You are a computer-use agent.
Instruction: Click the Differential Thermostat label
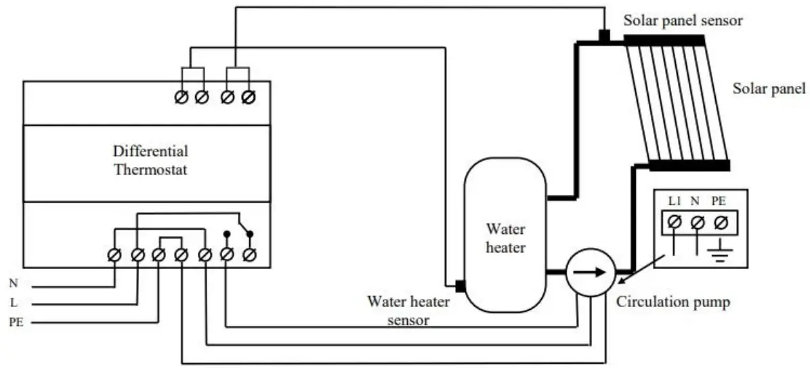click(150, 160)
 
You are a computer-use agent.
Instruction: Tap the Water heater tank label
click(505, 239)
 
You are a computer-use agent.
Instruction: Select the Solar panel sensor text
click(683, 20)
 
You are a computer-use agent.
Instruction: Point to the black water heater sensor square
click(460, 286)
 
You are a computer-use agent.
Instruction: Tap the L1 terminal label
click(675, 202)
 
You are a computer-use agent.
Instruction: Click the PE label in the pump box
click(720, 202)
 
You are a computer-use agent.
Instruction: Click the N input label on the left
click(14, 284)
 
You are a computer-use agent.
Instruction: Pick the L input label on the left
click(14, 302)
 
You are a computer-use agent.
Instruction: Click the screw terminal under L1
click(675, 221)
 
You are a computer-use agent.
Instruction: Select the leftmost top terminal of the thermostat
click(182, 99)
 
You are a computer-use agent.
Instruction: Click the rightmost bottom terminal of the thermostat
click(249, 255)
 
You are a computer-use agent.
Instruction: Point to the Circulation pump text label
click(673, 302)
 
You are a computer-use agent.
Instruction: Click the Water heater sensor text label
click(408, 309)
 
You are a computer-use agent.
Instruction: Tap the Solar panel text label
click(769, 89)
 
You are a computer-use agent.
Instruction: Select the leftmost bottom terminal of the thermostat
click(114, 255)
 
